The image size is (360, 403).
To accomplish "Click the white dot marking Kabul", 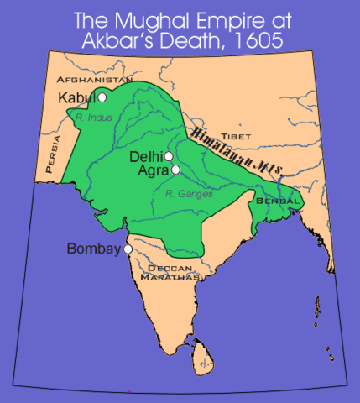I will tap(102, 97).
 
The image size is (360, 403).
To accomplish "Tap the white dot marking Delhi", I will tap(169, 156).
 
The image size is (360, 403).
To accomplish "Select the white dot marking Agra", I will tap(175, 170).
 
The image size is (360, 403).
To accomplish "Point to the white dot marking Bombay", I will tap(128, 249).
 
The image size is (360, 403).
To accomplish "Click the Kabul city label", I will tap(76, 98).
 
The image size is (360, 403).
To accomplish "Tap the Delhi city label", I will tap(146, 157).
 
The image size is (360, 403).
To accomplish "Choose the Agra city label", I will tap(154, 170).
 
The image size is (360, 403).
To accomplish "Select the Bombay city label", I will tap(94, 250).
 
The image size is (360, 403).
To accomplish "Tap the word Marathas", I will tap(173, 276).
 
